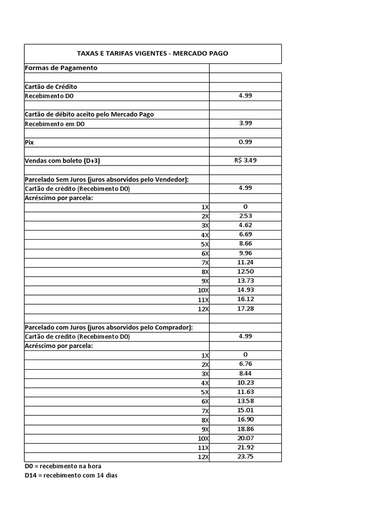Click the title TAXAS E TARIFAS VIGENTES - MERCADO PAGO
coord(152,53)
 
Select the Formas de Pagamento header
coord(61,68)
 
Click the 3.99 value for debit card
coord(245,123)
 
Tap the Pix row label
coord(29,142)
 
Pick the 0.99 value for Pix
coord(245,142)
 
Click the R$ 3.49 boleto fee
coord(245,160)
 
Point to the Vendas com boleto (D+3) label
coord(66,161)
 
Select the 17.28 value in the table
coord(245,308)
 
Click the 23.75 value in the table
coord(245,456)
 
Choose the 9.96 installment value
coord(245,253)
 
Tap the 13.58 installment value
coord(245,401)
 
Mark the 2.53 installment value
coord(245,216)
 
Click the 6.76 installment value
coord(245,364)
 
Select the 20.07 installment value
coord(245,438)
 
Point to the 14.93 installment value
coord(245,290)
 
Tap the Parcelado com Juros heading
coord(109,327)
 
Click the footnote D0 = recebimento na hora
coord(67,466)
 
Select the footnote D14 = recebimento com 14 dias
coord(71,475)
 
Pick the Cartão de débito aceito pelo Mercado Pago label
coord(89,114)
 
